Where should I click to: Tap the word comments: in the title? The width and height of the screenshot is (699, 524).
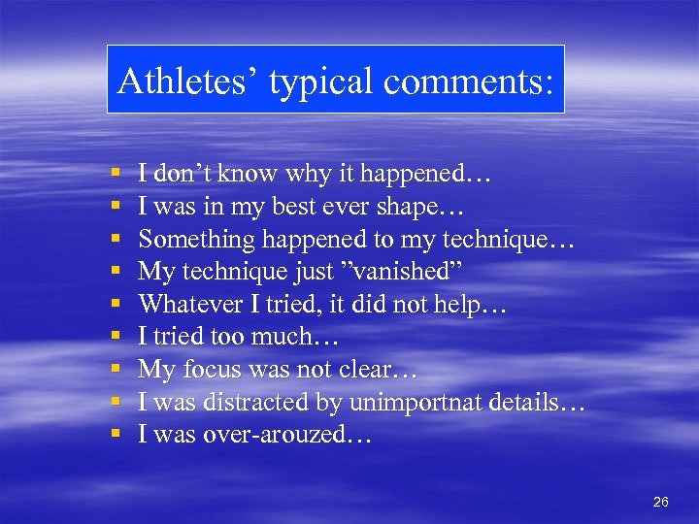[x=469, y=82]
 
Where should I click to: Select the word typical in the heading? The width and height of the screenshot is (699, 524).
[x=321, y=82]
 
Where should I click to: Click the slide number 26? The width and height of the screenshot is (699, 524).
[x=661, y=502]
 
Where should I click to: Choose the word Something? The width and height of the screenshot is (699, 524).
[x=195, y=239]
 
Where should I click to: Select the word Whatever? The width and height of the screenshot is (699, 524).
[x=194, y=304]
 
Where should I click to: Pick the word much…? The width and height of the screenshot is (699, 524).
[x=312, y=337]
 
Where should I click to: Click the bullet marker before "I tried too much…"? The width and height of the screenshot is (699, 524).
[x=116, y=338]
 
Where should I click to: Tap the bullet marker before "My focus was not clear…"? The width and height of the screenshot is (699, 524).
[x=116, y=371]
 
